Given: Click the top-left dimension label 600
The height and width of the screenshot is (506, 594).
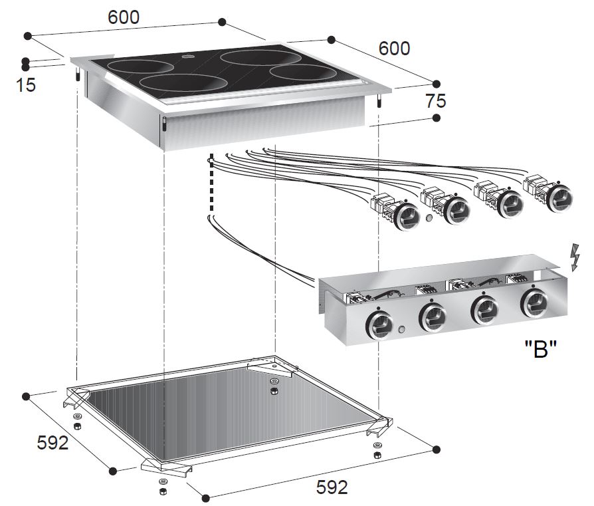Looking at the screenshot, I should (x=124, y=18).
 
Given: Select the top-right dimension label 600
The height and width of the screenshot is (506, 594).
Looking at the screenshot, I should (x=394, y=49).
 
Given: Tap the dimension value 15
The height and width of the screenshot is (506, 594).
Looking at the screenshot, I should (x=27, y=86).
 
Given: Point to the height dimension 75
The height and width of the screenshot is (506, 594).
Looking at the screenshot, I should (x=436, y=101).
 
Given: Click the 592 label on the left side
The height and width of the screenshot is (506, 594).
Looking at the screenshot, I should (x=52, y=442).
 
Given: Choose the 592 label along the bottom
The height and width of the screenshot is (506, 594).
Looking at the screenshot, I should (x=331, y=487).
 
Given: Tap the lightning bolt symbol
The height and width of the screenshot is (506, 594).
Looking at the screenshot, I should (x=575, y=258).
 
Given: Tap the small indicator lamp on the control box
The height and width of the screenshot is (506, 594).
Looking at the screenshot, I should (x=403, y=330).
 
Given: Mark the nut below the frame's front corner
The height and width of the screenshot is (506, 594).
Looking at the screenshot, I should (x=161, y=491).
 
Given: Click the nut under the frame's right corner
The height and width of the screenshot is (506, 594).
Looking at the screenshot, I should (x=377, y=455).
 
